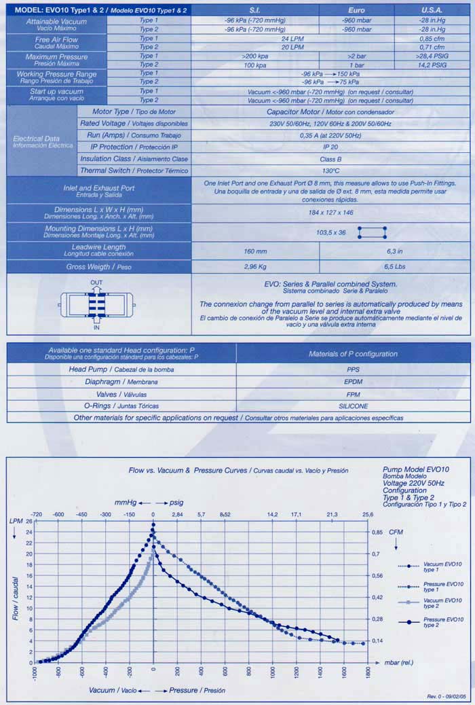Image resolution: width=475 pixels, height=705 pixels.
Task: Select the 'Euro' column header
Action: [x=356, y=11]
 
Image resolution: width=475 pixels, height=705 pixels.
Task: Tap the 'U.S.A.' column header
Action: [x=432, y=11]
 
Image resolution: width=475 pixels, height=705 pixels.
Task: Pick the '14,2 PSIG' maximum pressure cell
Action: [x=432, y=65]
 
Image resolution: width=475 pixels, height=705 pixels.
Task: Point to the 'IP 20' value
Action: [x=330, y=147]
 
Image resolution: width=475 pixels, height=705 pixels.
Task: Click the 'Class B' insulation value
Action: [x=330, y=158]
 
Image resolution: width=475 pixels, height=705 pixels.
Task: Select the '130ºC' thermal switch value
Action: [x=330, y=170]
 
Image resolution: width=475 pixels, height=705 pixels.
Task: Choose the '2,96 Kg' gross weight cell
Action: [x=255, y=267]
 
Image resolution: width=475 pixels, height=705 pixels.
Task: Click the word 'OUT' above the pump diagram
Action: [x=96, y=282]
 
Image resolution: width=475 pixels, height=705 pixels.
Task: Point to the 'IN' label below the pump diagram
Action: [x=96, y=327]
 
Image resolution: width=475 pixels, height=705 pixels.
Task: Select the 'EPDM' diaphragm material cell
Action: [x=352, y=382]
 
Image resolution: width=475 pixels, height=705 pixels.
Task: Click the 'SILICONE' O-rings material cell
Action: [x=352, y=405]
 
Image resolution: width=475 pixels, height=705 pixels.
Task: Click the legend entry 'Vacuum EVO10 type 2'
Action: [x=444, y=602]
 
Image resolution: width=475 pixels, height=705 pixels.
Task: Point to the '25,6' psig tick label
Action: [x=368, y=514]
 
